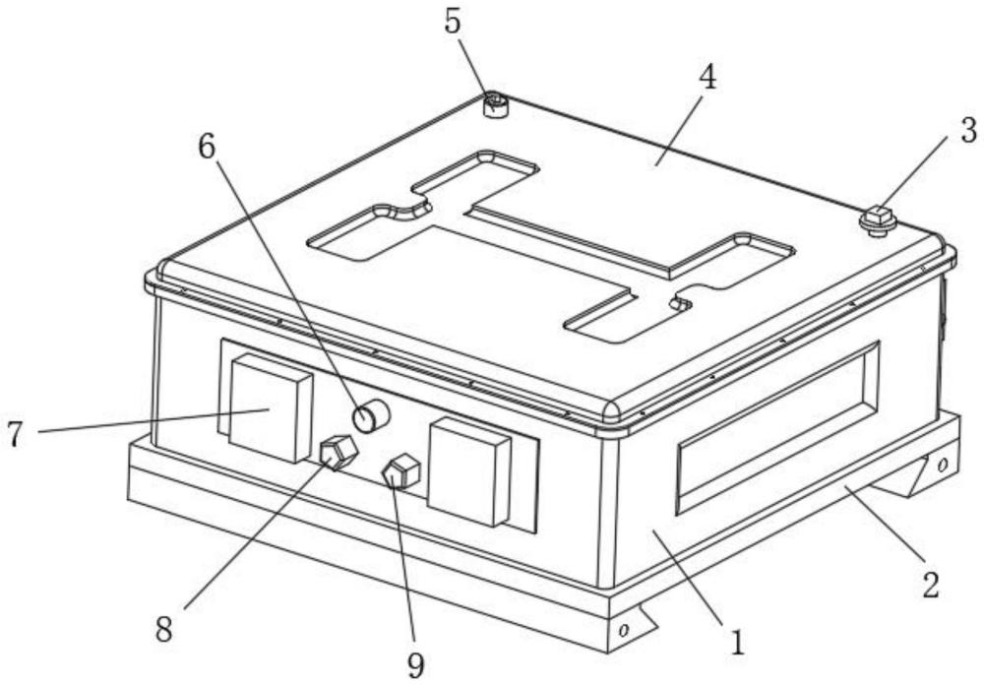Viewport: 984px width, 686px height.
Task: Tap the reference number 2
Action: point(930,584)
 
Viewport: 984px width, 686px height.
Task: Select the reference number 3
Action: point(969,130)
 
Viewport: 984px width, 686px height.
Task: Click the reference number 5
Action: point(454,22)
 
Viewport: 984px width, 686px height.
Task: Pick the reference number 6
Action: point(207,147)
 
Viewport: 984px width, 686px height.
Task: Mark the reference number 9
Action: point(416,665)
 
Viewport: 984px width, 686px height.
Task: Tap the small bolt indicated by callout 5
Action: point(496,103)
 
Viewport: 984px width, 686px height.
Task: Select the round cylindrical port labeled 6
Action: point(371,416)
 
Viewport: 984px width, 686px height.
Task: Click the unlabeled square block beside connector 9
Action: point(470,470)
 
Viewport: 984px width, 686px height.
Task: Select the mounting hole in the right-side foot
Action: point(941,463)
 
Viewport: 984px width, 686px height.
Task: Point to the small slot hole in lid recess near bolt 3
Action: point(677,304)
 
